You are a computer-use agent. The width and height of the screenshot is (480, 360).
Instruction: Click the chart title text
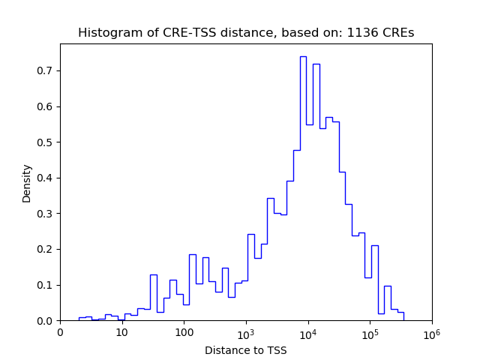pyautogui.click(x=246, y=33)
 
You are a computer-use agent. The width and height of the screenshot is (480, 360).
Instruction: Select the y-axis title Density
pyautogui.click(x=27, y=182)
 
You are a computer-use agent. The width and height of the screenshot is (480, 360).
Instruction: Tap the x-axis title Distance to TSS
pyautogui.click(x=246, y=350)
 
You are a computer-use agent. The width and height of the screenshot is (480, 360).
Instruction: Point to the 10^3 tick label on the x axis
pyautogui.click(x=246, y=332)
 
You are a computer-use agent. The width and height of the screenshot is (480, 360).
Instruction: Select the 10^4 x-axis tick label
pyautogui.click(x=307, y=332)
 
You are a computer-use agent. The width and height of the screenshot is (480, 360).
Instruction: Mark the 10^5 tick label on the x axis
pyautogui.click(x=370, y=332)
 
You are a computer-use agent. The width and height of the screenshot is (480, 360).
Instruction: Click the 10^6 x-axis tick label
pyautogui.click(x=431, y=332)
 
